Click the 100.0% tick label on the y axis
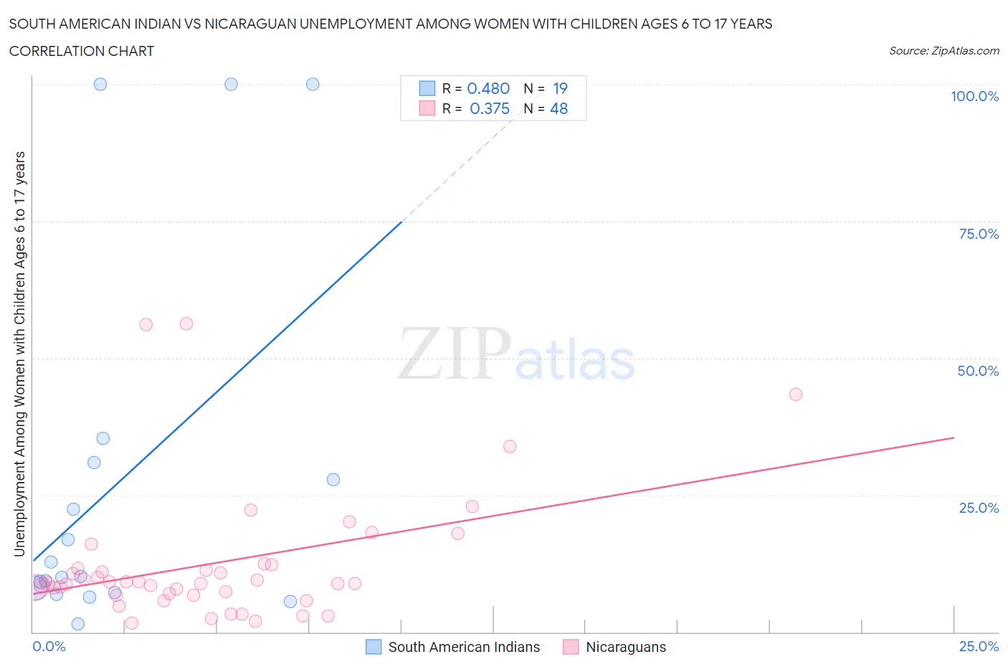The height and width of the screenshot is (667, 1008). pyautogui.click(x=974, y=96)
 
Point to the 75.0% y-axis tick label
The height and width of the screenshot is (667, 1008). pyautogui.click(x=979, y=234)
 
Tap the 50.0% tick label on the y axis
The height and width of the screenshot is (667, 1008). pyautogui.click(x=978, y=371)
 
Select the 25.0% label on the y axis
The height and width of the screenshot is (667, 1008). pyautogui.click(x=979, y=508)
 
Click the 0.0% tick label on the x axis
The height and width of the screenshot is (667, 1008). pyautogui.click(x=49, y=646)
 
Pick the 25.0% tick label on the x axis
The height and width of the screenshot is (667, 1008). pyautogui.click(x=979, y=646)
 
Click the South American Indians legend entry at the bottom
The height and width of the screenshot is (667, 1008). pyautogui.click(x=463, y=647)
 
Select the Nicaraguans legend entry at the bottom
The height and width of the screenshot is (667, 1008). pyautogui.click(x=625, y=647)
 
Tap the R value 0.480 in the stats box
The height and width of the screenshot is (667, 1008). pyautogui.click(x=488, y=88)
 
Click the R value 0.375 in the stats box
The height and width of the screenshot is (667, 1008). pyautogui.click(x=489, y=108)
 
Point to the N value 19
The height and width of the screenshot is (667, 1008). pyautogui.click(x=560, y=88)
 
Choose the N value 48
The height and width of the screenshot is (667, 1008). pyautogui.click(x=558, y=108)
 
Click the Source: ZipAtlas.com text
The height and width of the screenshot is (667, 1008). pyautogui.click(x=943, y=50)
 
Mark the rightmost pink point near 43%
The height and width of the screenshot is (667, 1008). pyautogui.click(x=795, y=394)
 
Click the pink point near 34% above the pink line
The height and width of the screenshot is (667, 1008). pyautogui.click(x=510, y=446)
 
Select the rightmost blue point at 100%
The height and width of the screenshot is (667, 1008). pyautogui.click(x=313, y=84)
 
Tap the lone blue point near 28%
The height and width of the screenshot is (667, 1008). pyautogui.click(x=333, y=479)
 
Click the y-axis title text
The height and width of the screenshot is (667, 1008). pyautogui.click(x=19, y=354)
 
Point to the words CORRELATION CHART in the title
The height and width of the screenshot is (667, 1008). pyautogui.click(x=82, y=51)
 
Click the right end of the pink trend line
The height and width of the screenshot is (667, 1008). pyautogui.click(x=954, y=437)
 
